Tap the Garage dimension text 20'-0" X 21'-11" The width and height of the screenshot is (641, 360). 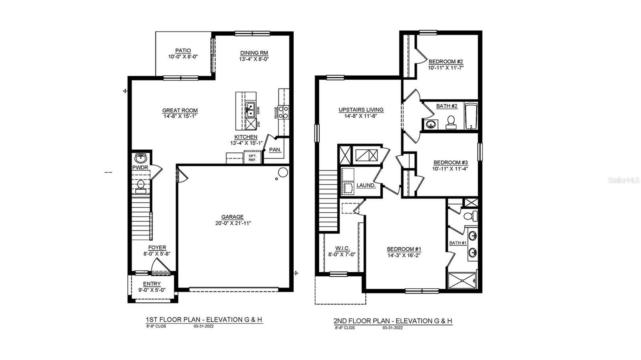233,223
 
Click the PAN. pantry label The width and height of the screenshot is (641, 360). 275,150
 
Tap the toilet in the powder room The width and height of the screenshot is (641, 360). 141,186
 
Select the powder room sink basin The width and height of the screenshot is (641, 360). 141,157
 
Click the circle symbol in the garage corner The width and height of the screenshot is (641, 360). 283,173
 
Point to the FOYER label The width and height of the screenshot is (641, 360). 157,247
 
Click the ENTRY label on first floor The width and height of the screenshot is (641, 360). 152,284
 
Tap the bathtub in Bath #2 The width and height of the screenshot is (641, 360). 471,116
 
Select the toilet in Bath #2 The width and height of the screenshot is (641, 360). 451,122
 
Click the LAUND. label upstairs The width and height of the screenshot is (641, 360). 366,185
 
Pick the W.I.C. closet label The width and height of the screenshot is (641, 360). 343,248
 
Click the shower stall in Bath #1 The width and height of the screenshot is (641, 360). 462,280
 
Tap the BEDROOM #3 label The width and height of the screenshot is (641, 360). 451,163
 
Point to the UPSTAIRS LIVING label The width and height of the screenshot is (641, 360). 361,110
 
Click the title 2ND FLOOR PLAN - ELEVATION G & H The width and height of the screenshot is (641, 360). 393,321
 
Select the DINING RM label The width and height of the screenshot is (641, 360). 254,53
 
